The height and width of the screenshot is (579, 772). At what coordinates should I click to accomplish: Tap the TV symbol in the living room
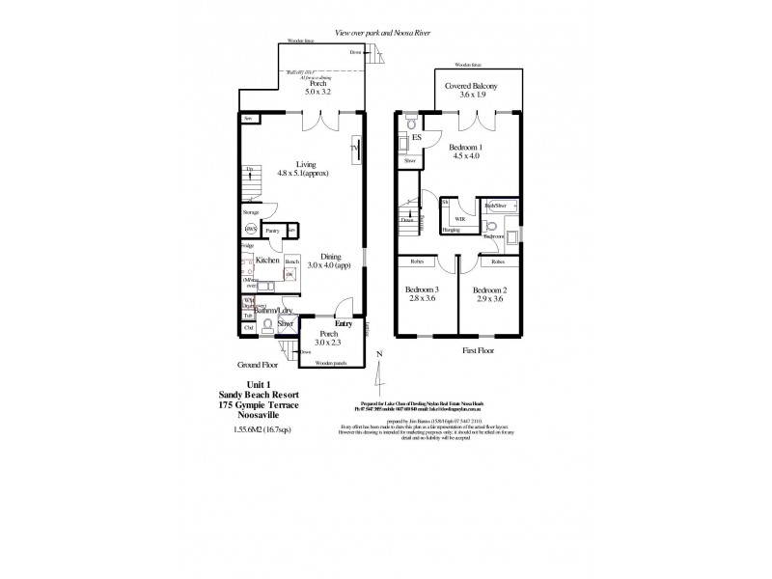[x=358, y=149]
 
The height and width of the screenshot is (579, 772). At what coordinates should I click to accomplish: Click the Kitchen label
[x=267, y=261]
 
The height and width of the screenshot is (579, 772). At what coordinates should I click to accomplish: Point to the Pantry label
[x=273, y=232]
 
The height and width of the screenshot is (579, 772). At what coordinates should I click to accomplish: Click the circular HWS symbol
[x=251, y=230]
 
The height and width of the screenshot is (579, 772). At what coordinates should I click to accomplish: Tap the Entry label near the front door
[x=344, y=323]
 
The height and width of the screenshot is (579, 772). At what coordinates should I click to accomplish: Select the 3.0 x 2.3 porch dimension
[x=329, y=343]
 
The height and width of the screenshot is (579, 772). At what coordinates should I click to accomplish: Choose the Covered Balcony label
[x=471, y=86]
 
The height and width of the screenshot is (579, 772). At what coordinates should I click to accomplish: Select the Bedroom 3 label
[x=423, y=290]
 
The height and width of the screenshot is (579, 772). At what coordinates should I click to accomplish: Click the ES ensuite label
[x=417, y=138]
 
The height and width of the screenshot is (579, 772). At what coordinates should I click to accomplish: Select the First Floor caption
[x=478, y=353]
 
